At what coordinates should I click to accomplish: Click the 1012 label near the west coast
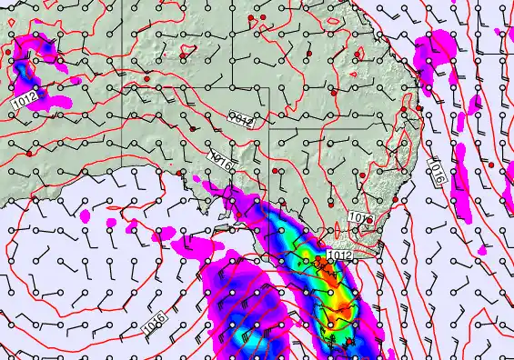click(25, 96)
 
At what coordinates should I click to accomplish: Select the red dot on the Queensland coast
click(420, 110)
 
